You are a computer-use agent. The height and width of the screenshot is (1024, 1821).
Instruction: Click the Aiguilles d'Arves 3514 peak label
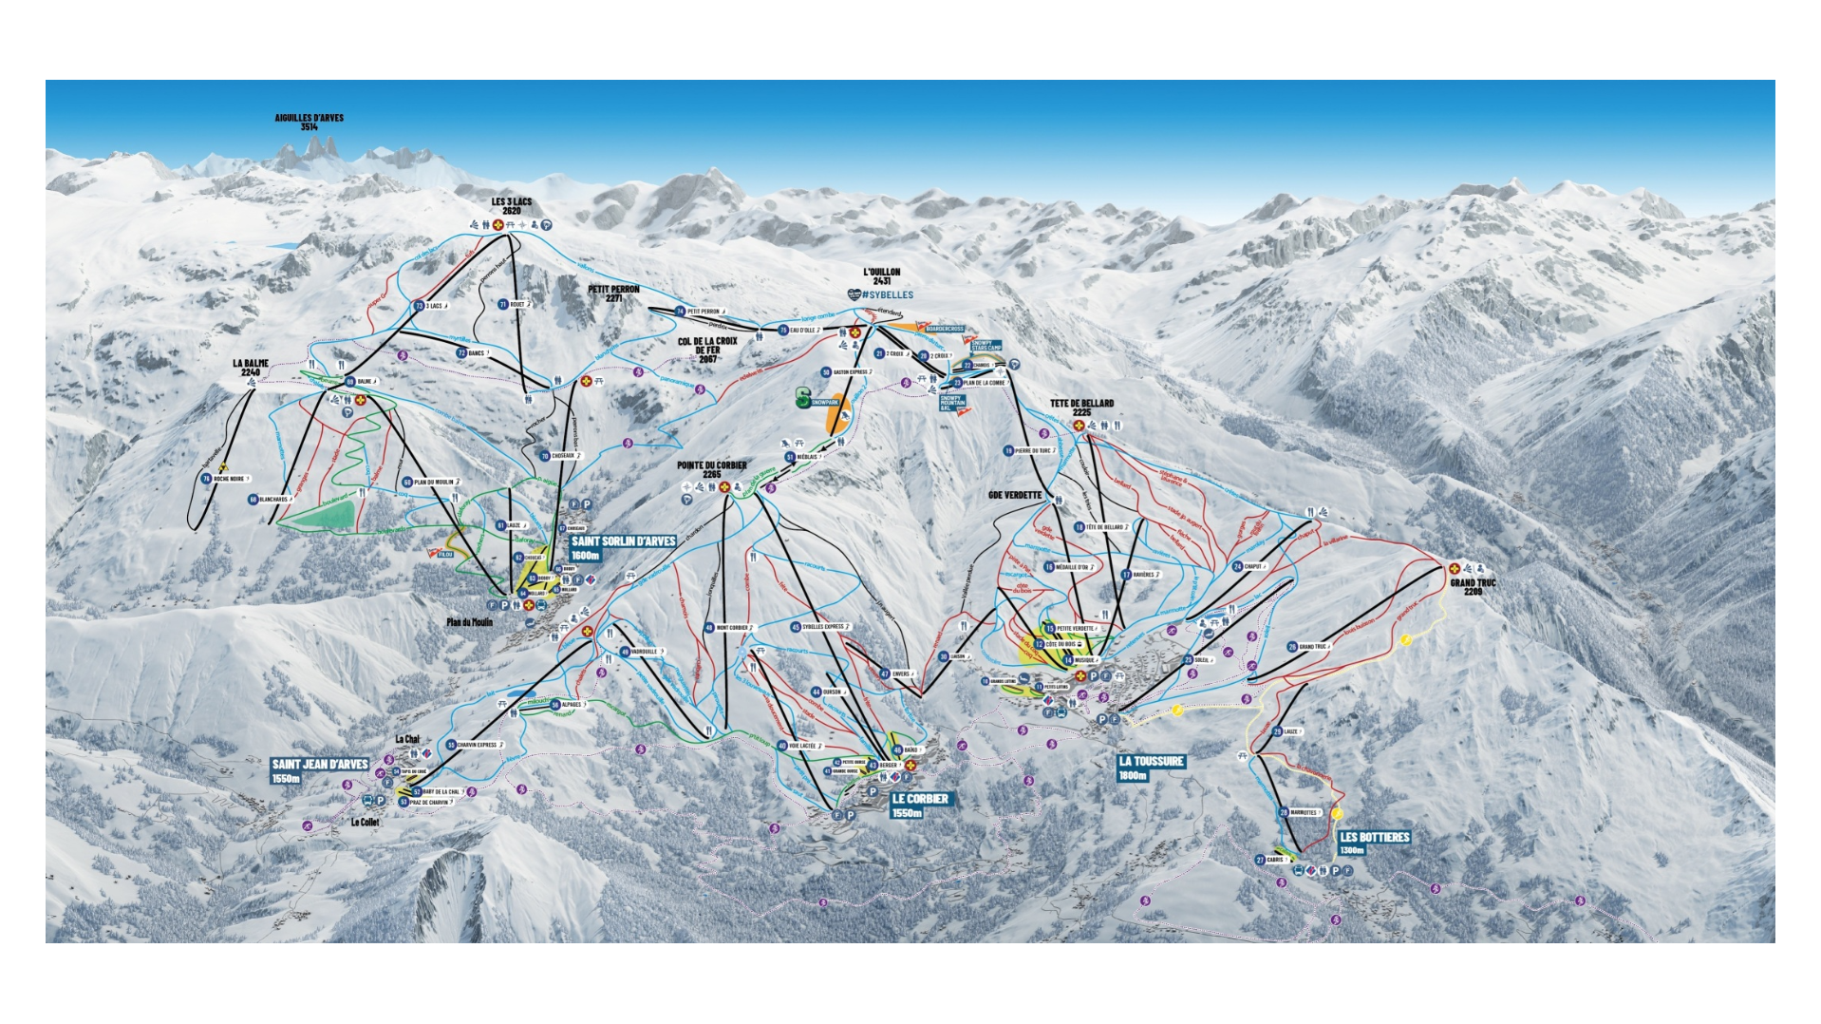pos(309,122)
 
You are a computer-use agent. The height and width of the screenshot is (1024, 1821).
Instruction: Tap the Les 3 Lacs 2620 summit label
pos(512,206)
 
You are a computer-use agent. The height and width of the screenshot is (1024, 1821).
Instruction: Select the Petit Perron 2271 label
pos(613,294)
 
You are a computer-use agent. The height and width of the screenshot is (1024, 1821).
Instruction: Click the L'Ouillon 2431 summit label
pos(881,276)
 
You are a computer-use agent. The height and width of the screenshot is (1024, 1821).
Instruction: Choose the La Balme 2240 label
pos(251,368)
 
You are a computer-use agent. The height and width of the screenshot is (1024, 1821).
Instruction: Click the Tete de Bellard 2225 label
pos(1081,408)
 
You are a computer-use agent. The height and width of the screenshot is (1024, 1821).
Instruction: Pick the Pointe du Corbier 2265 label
pos(711,469)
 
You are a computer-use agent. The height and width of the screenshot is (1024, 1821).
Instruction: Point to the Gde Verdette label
pos(1015,495)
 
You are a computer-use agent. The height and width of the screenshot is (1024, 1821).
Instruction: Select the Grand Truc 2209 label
pos(1473,587)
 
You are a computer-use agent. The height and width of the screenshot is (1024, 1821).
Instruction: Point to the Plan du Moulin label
pos(469,623)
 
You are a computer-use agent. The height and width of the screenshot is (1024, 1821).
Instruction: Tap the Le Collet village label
pos(365,823)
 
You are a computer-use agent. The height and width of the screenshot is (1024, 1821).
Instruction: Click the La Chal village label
pos(407,739)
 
